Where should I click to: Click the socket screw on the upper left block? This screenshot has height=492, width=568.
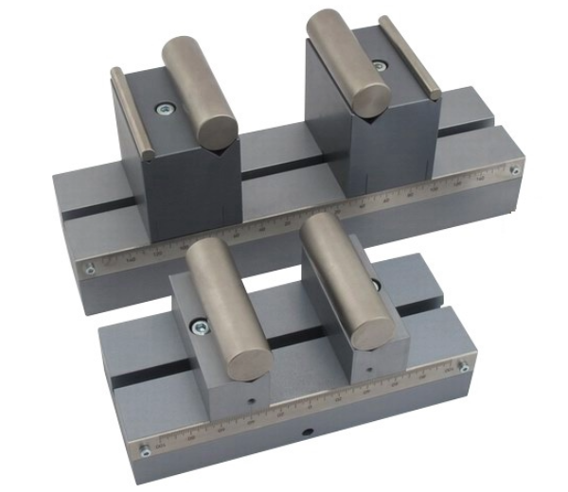165,110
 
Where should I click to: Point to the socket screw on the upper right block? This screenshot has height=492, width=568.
380,66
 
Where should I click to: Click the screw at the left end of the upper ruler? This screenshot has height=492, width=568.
91,269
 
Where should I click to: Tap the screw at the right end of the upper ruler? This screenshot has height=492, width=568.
514,171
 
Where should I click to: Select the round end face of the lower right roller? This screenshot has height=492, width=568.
370,328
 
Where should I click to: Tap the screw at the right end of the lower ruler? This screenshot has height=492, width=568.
464,368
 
